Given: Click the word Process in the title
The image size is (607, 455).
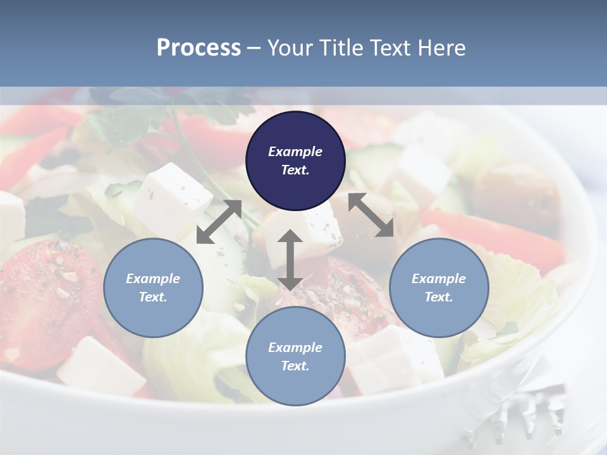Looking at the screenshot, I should [199, 48].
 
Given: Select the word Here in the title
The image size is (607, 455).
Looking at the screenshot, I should [441, 48].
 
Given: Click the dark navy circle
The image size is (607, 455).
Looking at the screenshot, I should [295, 161].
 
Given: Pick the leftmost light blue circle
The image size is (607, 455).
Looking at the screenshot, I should [153, 288].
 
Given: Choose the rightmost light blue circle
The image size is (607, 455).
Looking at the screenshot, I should [439, 288].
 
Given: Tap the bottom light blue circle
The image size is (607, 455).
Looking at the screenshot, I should [295, 356].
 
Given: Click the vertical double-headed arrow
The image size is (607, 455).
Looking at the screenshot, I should [290, 260].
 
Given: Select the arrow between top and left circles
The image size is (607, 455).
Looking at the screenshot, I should [219, 222].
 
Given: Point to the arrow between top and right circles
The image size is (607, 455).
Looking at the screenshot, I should [371, 215].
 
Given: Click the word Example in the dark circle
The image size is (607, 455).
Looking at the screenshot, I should [295, 152].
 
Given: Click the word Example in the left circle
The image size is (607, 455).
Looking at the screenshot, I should [153, 279].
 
